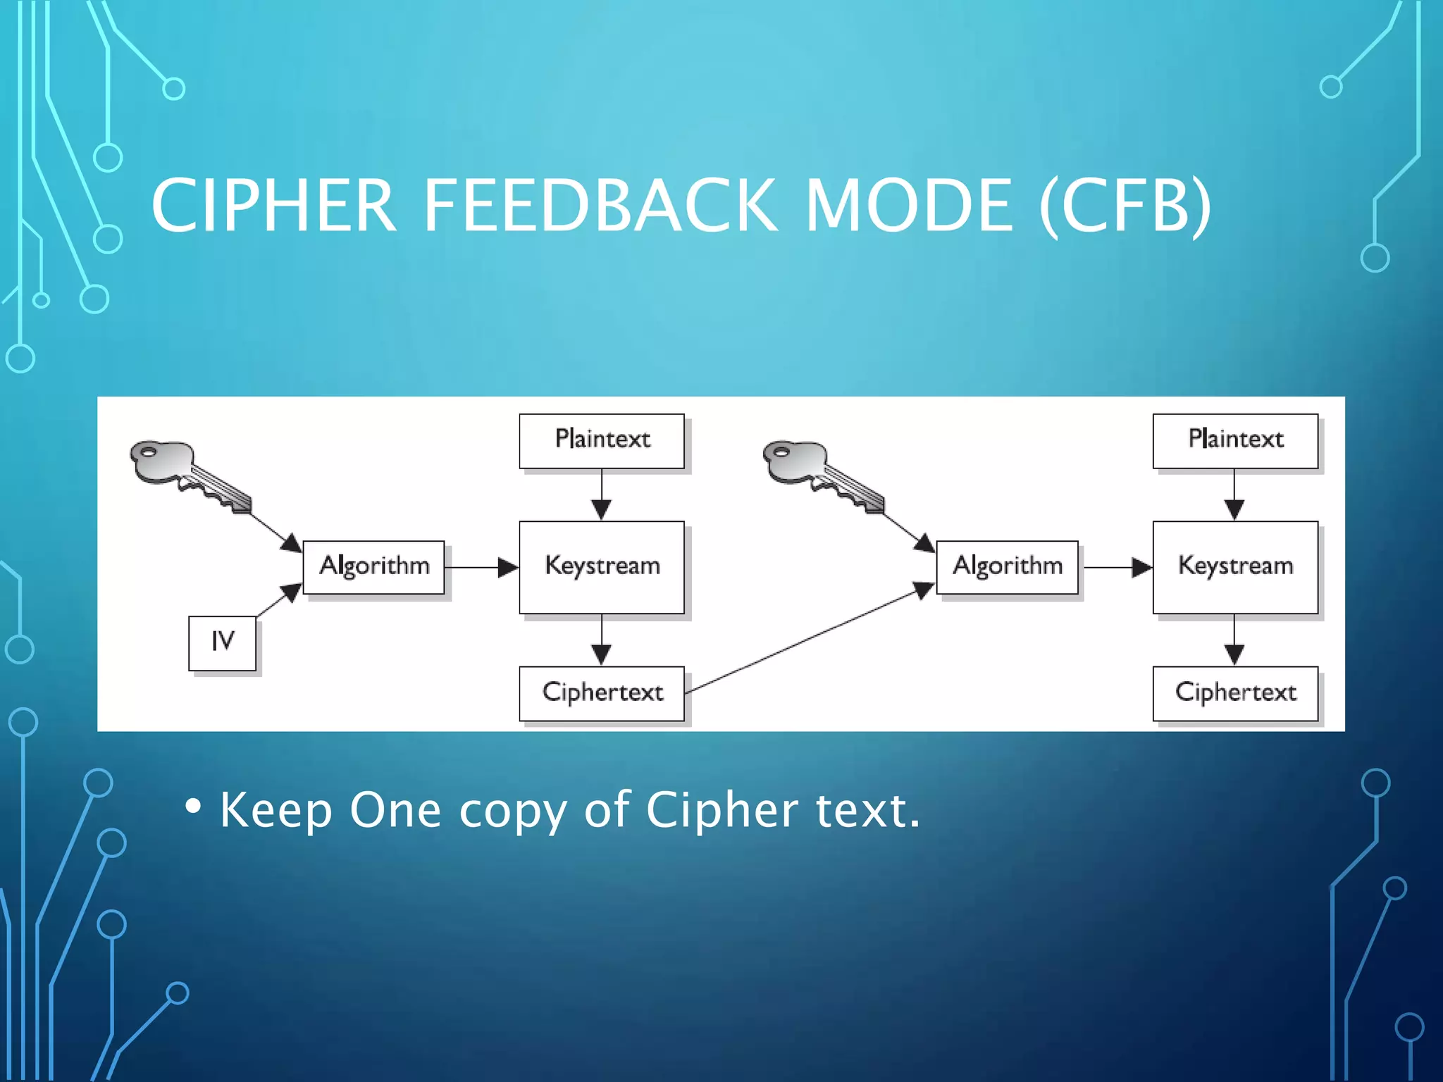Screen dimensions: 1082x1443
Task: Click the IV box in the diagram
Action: click(x=222, y=642)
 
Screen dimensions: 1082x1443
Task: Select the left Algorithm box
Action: click(x=373, y=567)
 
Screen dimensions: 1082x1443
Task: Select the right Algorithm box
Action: click(x=1007, y=567)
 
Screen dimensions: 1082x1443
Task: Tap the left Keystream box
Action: click(x=601, y=567)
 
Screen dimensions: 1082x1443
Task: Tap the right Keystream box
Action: click(x=1234, y=567)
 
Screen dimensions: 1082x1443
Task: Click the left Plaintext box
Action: click(x=601, y=440)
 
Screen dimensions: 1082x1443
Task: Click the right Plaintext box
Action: click(x=1234, y=440)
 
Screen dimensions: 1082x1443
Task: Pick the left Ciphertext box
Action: click(x=601, y=693)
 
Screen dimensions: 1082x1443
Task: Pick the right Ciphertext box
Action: click(x=1234, y=693)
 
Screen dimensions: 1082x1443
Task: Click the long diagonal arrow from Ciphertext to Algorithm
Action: click(x=810, y=640)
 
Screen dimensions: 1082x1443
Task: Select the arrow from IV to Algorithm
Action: click(x=278, y=600)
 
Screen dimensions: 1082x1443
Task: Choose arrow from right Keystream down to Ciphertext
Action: click(x=1234, y=640)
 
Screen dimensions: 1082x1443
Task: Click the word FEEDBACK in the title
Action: click(x=599, y=206)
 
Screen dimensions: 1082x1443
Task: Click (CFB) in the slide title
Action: click(x=1125, y=206)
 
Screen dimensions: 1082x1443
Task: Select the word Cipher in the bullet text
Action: click(x=721, y=810)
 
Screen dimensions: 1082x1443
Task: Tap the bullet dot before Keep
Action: click(x=193, y=805)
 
